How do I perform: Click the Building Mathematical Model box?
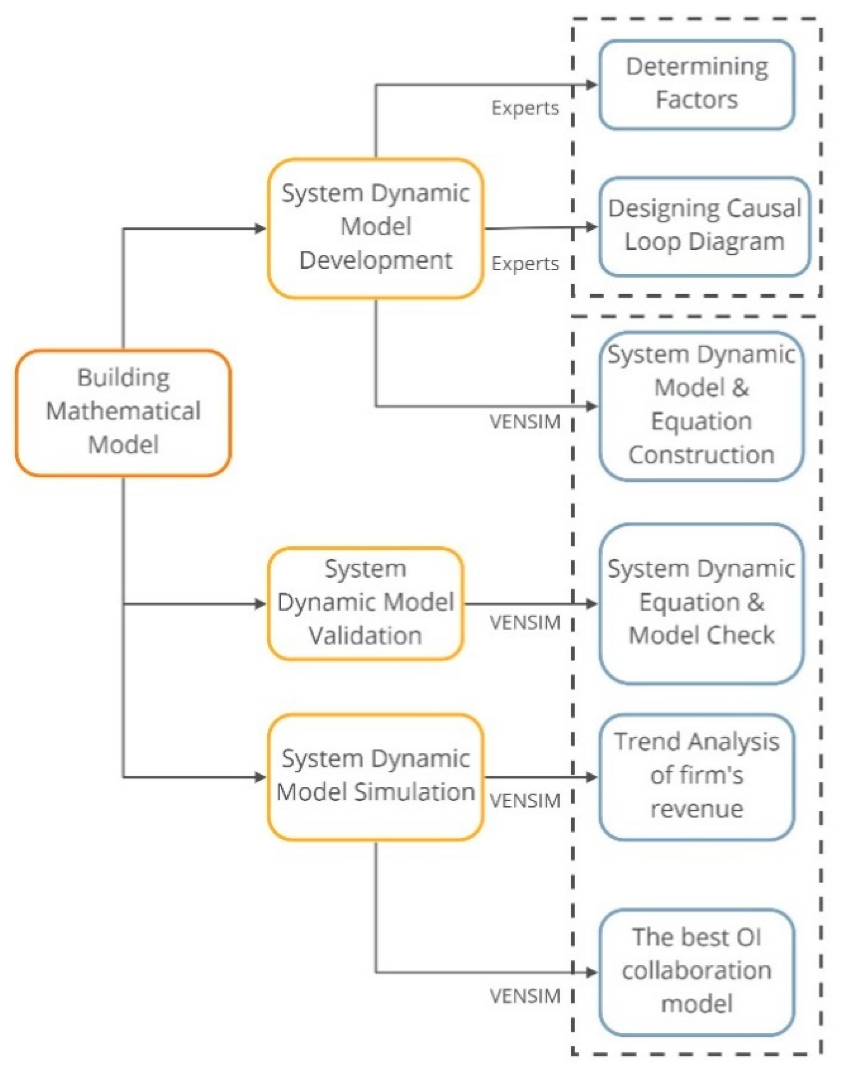pyautogui.click(x=123, y=413)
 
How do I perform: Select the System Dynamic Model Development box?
pyautogui.click(x=375, y=228)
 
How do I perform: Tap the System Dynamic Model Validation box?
pyautogui.click(x=365, y=603)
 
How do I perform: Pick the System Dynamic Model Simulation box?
pyautogui.click(x=375, y=777)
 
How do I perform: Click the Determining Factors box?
pyautogui.click(x=696, y=84)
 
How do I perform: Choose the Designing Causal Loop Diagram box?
pyautogui.click(x=704, y=226)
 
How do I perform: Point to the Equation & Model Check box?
pyautogui.click(x=701, y=603)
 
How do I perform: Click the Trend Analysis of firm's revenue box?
pyautogui.click(x=696, y=777)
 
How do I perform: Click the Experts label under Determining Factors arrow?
pyautogui.click(x=525, y=108)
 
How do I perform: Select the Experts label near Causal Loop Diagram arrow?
pyautogui.click(x=525, y=264)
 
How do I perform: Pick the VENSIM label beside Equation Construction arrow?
pyautogui.click(x=525, y=422)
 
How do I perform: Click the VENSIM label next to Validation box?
pyautogui.click(x=525, y=623)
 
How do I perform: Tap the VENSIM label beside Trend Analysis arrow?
pyautogui.click(x=525, y=801)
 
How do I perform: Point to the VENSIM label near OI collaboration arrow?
pyautogui.click(x=525, y=996)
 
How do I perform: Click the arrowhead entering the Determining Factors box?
pyautogui.click(x=591, y=85)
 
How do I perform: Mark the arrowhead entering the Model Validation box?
pyautogui.click(x=260, y=604)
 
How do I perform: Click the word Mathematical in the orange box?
pyautogui.click(x=123, y=411)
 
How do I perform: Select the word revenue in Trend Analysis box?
pyautogui.click(x=696, y=809)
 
